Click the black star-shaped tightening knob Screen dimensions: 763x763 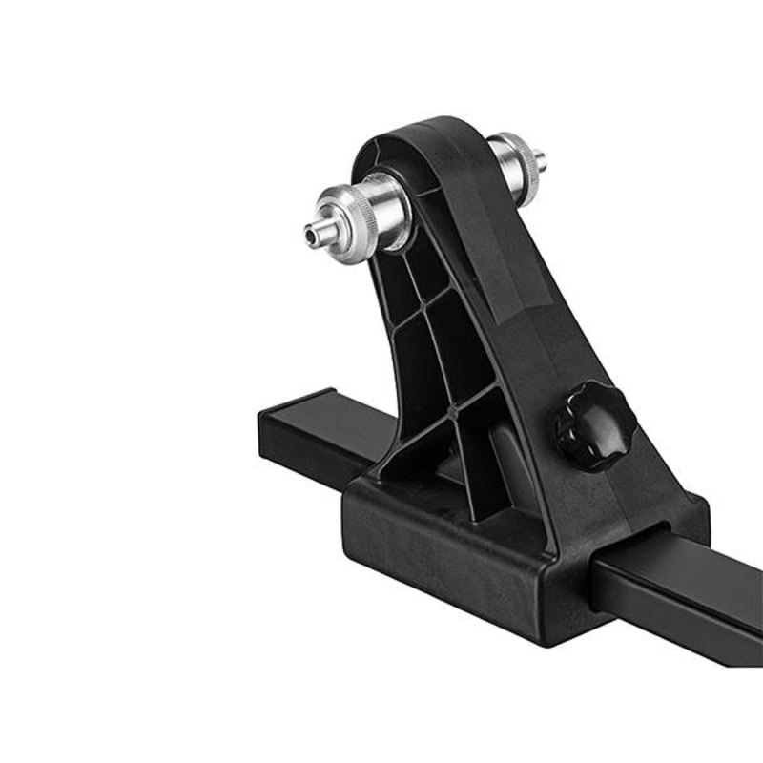[x=593, y=424]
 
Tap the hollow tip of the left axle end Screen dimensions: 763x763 [x=311, y=230]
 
